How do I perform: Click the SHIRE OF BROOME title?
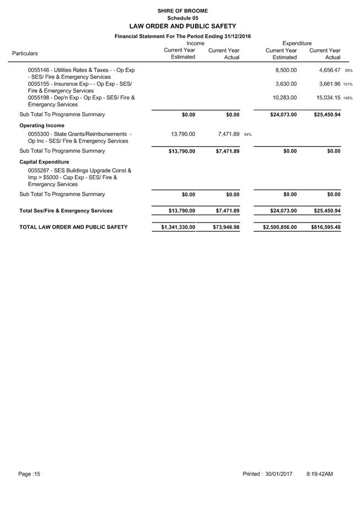(182, 10)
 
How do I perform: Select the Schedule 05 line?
(182, 18)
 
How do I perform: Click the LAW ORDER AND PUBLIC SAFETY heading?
(182, 26)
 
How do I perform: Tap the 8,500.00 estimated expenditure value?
(286, 71)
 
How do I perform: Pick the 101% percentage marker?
(348, 84)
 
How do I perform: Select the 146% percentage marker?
(348, 98)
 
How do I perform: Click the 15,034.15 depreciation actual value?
(325, 98)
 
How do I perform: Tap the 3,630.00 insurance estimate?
(286, 84)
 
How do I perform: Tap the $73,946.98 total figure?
(226, 227)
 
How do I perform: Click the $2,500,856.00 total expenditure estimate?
(275, 227)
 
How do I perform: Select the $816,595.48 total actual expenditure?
(323, 227)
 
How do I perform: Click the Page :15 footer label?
(29, 474)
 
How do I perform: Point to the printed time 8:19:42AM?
(319, 474)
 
